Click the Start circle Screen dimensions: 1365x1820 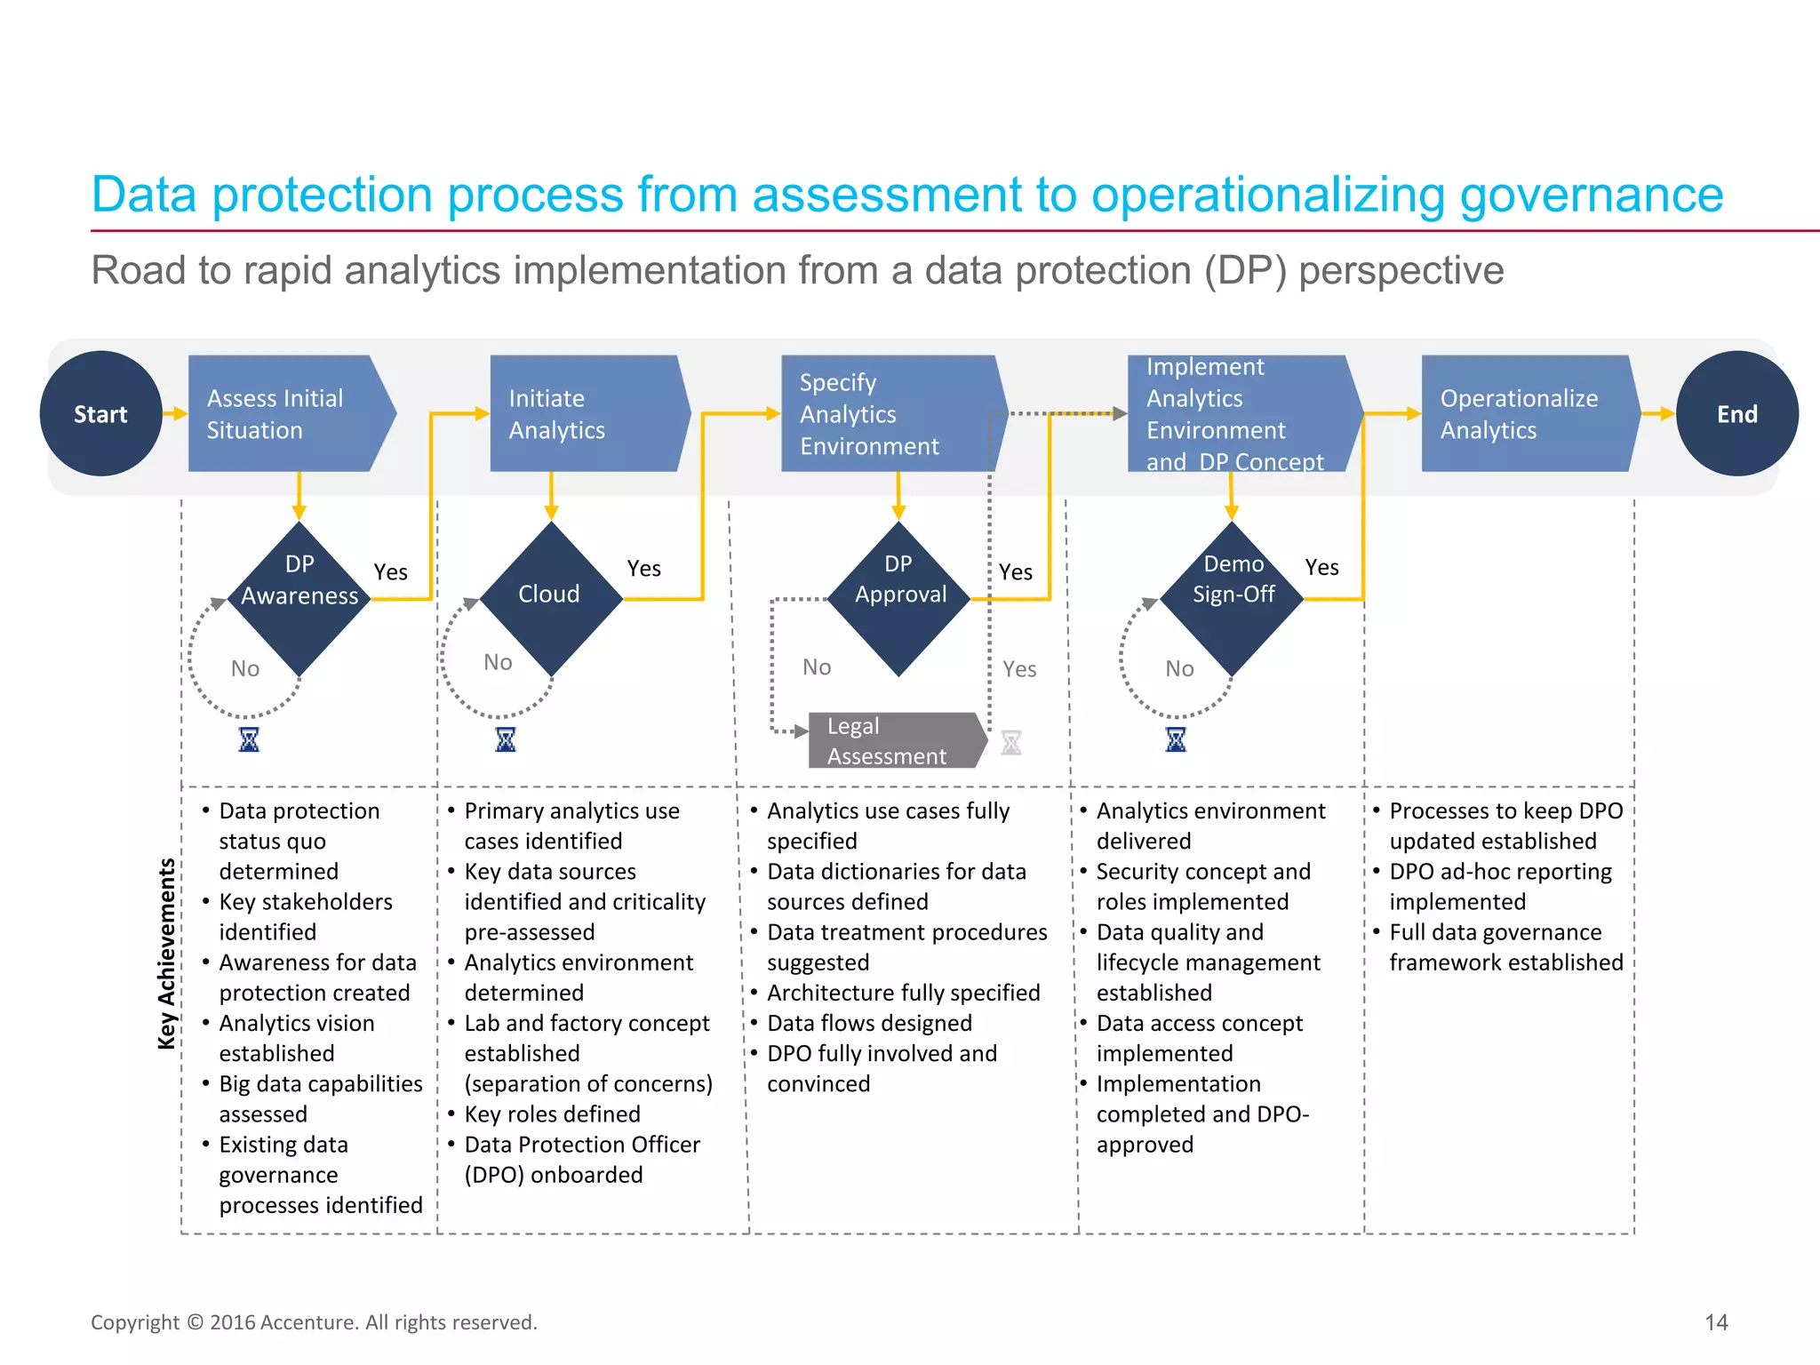100,413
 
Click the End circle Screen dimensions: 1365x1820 1736,413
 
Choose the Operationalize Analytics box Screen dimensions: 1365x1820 1525,413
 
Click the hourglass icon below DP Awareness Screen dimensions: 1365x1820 249,739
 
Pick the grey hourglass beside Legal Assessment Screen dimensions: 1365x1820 1011,742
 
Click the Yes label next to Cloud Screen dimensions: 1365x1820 643,568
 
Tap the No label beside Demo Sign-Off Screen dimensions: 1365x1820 1179,668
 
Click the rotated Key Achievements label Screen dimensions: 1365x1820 166,954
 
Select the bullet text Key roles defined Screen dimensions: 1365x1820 552,1114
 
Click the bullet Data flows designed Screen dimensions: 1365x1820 869,1023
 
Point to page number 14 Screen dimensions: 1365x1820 1716,1322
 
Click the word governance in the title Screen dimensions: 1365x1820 1591,195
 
